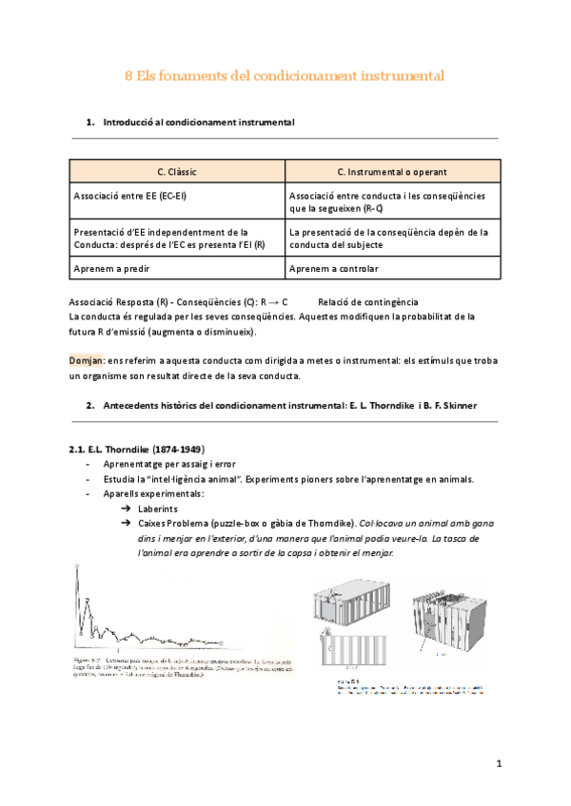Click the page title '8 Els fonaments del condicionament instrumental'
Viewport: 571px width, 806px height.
point(285,74)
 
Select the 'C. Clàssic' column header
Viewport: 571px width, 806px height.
point(176,172)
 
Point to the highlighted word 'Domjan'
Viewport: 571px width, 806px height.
point(87,361)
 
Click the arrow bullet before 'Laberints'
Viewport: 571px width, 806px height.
point(125,509)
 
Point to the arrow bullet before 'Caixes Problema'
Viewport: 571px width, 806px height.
point(125,524)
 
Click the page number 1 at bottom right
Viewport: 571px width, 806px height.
point(498,763)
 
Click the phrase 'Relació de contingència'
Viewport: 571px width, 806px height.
point(368,301)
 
